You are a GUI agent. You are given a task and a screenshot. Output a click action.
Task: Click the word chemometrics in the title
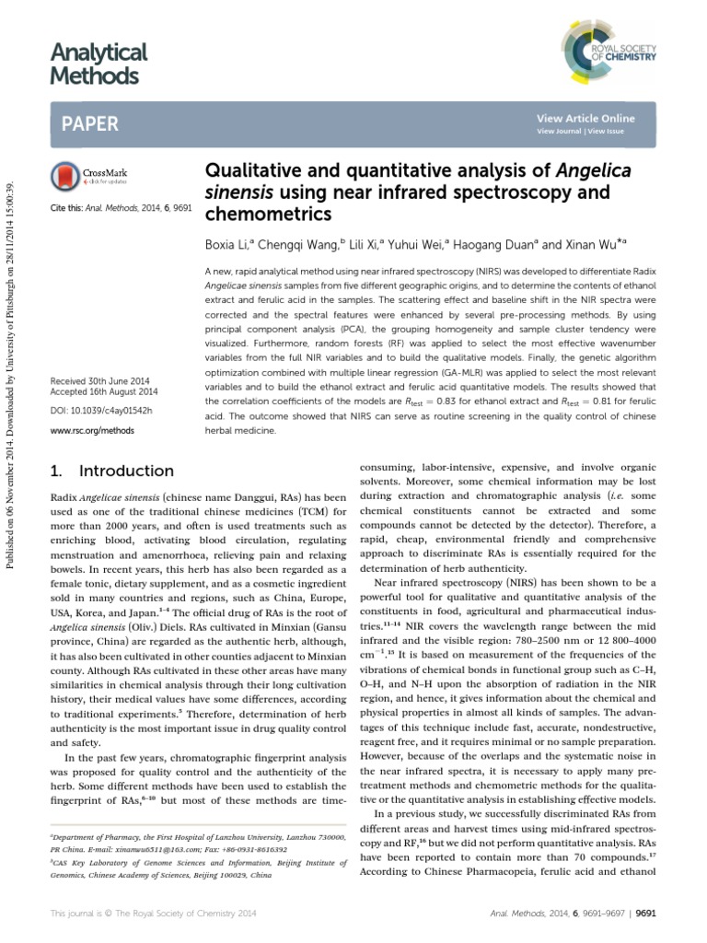click(266, 215)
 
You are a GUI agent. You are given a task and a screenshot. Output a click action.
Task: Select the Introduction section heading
click(126, 471)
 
